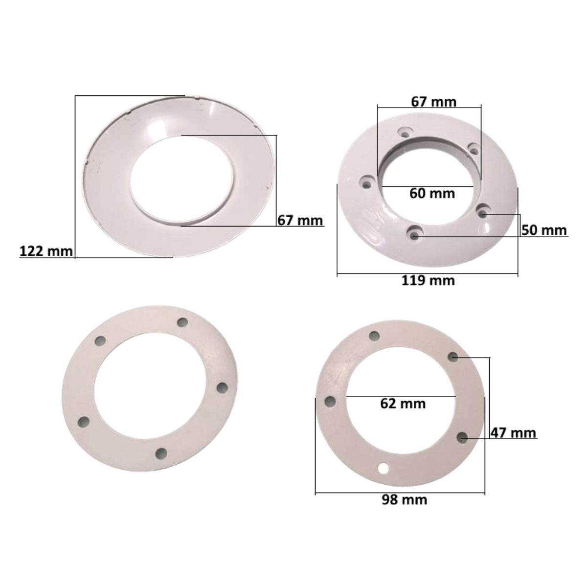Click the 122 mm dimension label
[x=46, y=251]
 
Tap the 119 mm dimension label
[x=428, y=280]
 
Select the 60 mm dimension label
[x=432, y=193]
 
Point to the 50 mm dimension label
[x=544, y=230]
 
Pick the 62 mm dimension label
[x=403, y=404]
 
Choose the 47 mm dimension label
[x=514, y=433]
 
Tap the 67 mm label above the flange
[x=434, y=102]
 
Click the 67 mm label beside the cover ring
[x=300, y=220]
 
